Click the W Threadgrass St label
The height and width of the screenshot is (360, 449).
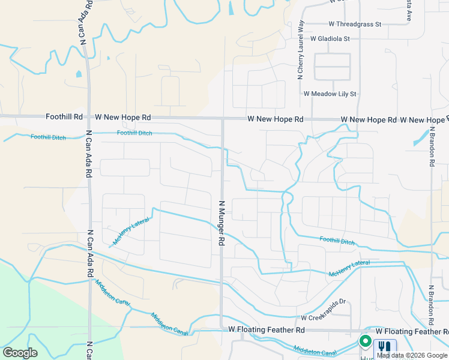pos(355,24)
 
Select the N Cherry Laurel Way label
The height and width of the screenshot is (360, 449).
pos(301,50)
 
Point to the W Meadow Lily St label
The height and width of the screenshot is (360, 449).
pos(330,94)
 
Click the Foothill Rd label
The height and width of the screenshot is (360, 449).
pos(64,118)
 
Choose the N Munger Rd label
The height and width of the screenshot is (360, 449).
pos(221,223)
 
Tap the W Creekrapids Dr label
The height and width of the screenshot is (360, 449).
pos(324,318)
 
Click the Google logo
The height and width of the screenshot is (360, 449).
pos(20,353)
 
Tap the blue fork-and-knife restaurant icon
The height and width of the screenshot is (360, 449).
pos(385,347)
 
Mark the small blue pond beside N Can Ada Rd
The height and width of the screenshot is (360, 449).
pos(79,75)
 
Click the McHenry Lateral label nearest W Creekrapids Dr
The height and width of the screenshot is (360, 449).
pos(349,268)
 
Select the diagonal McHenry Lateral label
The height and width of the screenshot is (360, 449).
pos(131,231)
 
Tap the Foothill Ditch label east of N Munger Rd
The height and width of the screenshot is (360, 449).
pos(337,240)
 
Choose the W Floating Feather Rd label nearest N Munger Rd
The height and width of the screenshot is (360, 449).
pos(267,330)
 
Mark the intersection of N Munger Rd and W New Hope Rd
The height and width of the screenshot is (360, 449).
pos(222,119)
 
